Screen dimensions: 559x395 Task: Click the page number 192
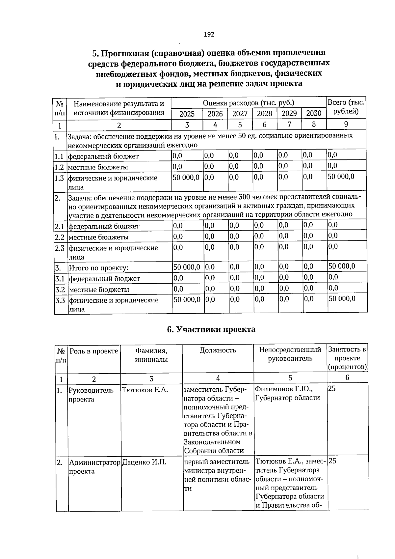[x=209, y=34]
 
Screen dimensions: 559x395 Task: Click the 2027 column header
[x=240, y=114]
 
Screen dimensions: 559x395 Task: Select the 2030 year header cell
[x=313, y=113]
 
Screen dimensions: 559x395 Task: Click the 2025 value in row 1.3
[x=186, y=177]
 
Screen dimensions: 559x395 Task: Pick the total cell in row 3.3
[x=342, y=298]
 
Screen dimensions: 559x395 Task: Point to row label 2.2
[x=60, y=237]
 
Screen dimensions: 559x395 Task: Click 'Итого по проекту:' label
[x=98, y=268]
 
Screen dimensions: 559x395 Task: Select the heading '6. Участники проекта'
[x=211, y=329]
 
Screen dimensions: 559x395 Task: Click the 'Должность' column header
[x=218, y=350]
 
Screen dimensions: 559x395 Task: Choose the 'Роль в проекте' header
[x=94, y=351]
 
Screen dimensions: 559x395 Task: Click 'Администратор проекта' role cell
[x=94, y=466]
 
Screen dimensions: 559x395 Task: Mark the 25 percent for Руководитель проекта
[x=332, y=389]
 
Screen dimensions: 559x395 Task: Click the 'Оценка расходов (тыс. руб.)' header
[x=249, y=103]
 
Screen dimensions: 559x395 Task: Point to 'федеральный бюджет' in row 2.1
[x=104, y=226]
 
